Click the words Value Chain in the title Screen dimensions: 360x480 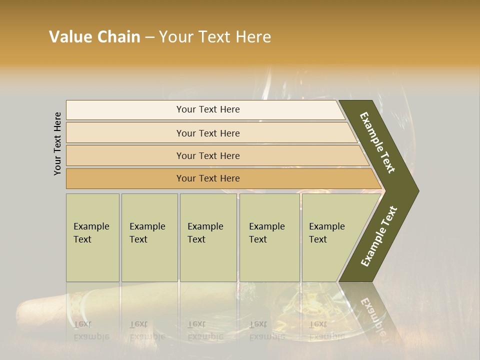(x=94, y=37)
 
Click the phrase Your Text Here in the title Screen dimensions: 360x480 (x=215, y=37)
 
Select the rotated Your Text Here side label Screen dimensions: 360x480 (x=57, y=143)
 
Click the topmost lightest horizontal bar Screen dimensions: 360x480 (x=208, y=109)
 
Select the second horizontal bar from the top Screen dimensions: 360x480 (x=208, y=133)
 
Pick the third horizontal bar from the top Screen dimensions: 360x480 (x=208, y=155)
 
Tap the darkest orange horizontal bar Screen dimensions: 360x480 (x=208, y=178)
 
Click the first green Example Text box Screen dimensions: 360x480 (x=92, y=237)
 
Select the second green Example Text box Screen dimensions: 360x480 (x=149, y=237)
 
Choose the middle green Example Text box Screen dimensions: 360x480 (x=208, y=237)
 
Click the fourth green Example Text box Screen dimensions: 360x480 (x=269, y=237)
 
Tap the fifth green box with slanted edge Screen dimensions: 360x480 (x=330, y=237)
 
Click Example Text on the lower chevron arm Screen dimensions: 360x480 (x=379, y=236)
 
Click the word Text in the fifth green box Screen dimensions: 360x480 (x=318, y=239)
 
